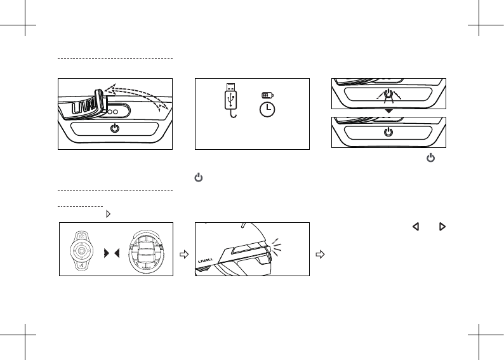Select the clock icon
(268, 109)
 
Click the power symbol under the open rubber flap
(115, 128)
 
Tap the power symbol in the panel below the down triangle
(388, 133)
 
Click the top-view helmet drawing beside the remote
(146, 249)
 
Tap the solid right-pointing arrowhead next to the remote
(107, 254)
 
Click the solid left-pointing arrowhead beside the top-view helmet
(117, 254)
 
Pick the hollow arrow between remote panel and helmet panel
(185, 254)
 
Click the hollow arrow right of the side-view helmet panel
(321, 254)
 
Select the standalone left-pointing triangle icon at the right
(417, 226)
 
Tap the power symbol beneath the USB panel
(198, 180)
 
